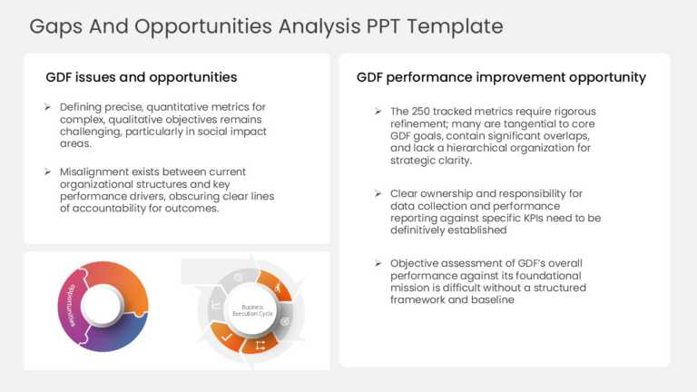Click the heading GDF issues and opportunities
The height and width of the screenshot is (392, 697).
tap(142, 77)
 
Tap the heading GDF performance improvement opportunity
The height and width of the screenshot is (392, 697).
tap(501, 77)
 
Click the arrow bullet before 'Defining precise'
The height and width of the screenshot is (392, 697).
tap(47, 107)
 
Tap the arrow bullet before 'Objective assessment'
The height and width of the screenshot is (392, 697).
tap(378, 263)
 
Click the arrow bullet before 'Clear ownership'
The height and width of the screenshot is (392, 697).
tap(378, 193)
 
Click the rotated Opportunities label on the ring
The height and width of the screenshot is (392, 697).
tap(67, 306)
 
